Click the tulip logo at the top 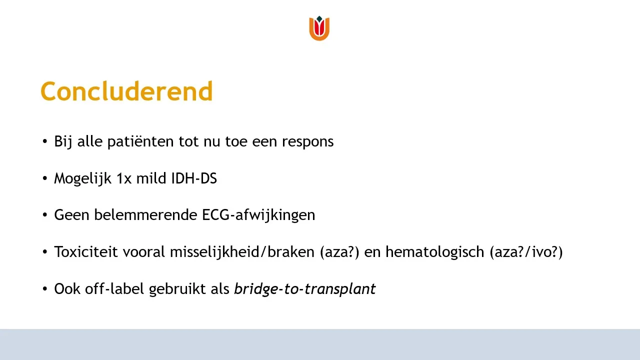[319, 28]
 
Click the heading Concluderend [127, 91]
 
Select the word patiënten [140, 141]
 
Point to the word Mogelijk [82, 178]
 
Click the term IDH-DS [194, 178]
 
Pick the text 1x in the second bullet [124, 178]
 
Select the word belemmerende [145, 215]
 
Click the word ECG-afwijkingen [258, 215]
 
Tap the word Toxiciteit [85, 251]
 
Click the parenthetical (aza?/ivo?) [526, 252]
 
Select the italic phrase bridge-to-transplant [305, 289]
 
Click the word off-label [114, 288]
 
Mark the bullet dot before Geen [45, 215]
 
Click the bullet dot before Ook [45, 289]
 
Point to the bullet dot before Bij [45, 141]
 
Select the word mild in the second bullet [151, 178]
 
